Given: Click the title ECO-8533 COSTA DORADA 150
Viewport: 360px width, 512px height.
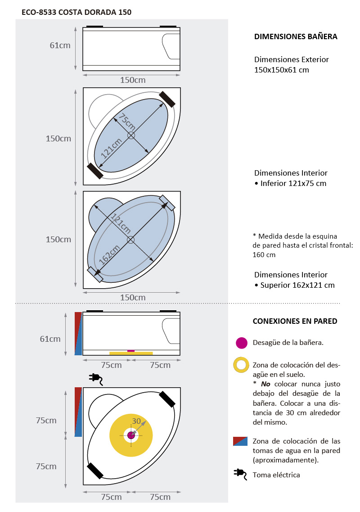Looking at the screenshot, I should (x=76, y=12).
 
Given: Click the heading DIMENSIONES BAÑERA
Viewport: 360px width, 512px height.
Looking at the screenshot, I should (x=296, y=37).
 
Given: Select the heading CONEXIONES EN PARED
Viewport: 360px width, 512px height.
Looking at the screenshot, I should (x=295, y=321).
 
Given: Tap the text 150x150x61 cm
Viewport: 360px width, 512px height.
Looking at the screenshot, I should (x=281, y=70).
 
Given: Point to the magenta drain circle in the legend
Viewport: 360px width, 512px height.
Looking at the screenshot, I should (x=242, y=343).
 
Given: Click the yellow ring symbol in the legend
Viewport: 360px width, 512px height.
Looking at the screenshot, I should (x=242, y=365).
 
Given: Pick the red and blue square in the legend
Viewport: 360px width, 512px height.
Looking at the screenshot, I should (x=240, y=441).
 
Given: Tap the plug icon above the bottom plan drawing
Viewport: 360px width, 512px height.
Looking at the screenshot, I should (x=96, y=379).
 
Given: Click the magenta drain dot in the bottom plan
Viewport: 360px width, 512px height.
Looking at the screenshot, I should (x=131, y=435).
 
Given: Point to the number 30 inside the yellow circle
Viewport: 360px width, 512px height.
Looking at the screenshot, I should (x=136, y=421).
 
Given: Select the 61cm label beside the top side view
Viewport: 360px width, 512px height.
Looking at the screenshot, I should (x=60, y=45).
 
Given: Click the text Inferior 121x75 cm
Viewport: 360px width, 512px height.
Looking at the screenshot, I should (x=293, y=183).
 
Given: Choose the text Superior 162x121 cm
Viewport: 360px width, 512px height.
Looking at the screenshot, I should (x=297, y=285).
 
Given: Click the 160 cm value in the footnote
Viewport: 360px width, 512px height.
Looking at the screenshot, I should (x=264, y=254).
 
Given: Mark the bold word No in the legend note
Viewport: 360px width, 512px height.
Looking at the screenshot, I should (x=265, y=384).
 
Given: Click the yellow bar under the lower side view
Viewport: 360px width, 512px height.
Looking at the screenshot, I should (x=131, y=353).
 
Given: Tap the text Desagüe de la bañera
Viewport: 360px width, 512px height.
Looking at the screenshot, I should (x=288, y=343).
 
